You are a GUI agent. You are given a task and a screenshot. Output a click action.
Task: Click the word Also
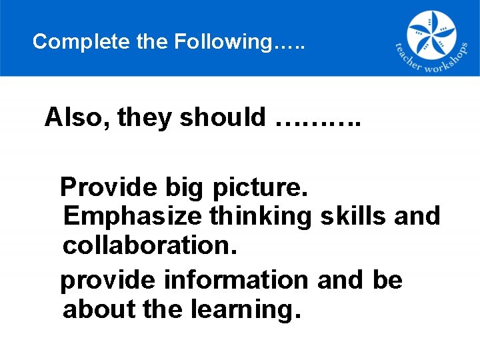point(77,117)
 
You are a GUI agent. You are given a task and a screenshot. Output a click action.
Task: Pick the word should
point(223,117)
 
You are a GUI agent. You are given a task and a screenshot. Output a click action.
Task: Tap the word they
point(145,118)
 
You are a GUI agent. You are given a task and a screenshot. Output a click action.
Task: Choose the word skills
point(353,216)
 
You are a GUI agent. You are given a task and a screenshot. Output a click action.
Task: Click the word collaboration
point(150,246)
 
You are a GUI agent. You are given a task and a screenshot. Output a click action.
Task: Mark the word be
point(387,280)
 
